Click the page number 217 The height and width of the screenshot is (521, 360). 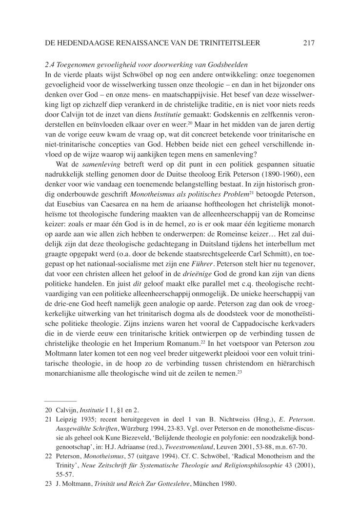(x=309, y=43)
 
